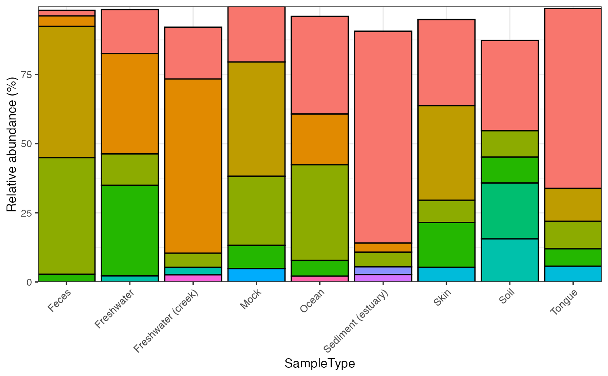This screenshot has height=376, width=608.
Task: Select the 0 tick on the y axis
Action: [30, 282]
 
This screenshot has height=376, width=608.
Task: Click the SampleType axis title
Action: [320, 363]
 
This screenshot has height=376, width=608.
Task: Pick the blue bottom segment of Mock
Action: [256, 275]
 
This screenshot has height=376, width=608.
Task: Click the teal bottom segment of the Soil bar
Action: [510, 260]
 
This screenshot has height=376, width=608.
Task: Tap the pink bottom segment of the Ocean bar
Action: [320, 279]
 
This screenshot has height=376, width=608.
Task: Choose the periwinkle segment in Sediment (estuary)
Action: [383, 270]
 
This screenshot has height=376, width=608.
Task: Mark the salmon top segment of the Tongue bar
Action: [573, 98]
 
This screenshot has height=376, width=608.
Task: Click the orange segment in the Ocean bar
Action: [320, 139]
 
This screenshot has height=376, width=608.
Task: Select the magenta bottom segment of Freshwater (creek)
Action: [193, 278]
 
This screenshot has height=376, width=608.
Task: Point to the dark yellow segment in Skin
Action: [446, 153]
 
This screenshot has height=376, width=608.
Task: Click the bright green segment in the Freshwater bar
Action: [130, 230]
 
